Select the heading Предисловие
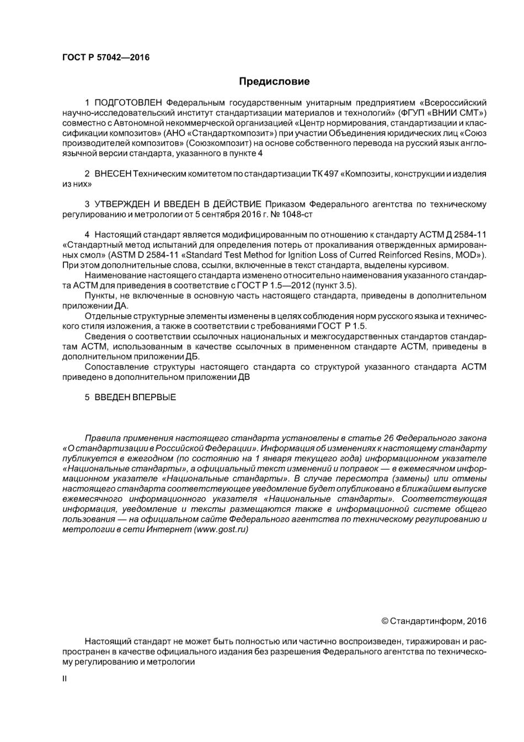point(274,82)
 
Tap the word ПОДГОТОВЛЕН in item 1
point(129,103)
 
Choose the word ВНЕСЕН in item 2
point(113,174)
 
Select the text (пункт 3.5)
point(334,285)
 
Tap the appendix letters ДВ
point(243,377)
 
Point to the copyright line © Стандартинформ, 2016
point(434,621)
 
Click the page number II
point(65,679)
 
